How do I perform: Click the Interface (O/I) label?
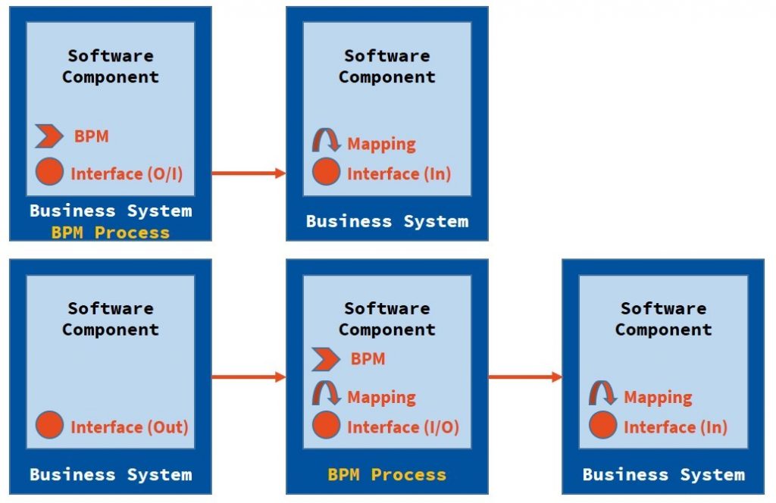pyautogui.click(x=127, y=173)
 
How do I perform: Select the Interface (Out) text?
pyautogui.click(x=129, y=426)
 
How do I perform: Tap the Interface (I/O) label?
pyautogui.click(x=402, y=426)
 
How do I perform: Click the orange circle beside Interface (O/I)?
pyautogui.click(x=49, y=173)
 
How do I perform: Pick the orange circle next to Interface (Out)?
pyautogui.click(x=49, y=426)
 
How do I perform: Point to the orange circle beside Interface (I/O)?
pyautogui.click(x=326, y=426)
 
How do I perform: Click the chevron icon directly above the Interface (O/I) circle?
pyautogui.click(x=49, y=137)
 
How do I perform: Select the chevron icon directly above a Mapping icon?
pyautogui.click(x=326, y=359)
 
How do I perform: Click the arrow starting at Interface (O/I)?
pyautogui.click(x=248, y=173)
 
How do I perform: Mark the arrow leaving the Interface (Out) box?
pyautogui.click(x=248, y=376)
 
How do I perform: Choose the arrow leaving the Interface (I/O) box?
pyautogui.click(x=524, y=376)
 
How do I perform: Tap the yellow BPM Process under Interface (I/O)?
pyautogui.click(x=386, y=475)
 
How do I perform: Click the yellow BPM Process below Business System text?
pyautogui.click(x=110, y=233)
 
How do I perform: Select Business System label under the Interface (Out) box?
pyautogui.click(x=110, y=475)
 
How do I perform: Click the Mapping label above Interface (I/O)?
pyautogui.click(x=381, y=397)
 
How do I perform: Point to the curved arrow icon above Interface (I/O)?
pyautogui.click(x=326, y=394)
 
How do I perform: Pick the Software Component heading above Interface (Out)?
pyautogui.click(x=110, y=319)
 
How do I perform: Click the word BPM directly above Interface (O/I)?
pyautogui.click(x=91, y=137)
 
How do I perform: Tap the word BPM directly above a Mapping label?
pyautogui.click(x=368, y=359)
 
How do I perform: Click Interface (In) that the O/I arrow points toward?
pyautogui.click(x=399, y=173)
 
